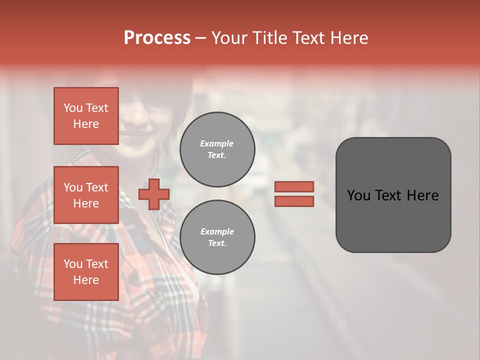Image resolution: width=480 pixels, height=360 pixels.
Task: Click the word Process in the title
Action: [x=157, y=38]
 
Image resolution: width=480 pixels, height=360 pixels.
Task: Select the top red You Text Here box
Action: [x=86, y=116]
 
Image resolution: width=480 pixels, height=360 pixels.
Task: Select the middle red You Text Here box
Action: [x=86, y=195]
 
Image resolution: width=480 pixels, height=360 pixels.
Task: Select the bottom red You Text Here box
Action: [x=86, y=272]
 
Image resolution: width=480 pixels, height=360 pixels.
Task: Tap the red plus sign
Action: [x=154, y=194]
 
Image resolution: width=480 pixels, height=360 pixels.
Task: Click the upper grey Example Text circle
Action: [x=217, y=149]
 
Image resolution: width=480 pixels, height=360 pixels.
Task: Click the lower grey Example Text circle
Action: [x=217, y=237]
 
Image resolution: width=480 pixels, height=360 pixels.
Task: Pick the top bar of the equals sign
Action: [x=294, y=186]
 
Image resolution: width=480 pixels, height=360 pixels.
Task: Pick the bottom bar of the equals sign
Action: [x=294, y=201]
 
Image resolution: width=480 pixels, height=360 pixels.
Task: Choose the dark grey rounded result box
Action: [x=393, y=195]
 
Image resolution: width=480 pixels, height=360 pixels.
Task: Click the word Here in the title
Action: [x=349, y=38]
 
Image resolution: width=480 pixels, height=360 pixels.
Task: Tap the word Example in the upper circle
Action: [x=217, y=144]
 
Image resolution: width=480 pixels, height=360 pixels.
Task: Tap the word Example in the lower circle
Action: [x=217, y=232]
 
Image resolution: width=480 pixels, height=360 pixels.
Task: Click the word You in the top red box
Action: [x=73, y=108]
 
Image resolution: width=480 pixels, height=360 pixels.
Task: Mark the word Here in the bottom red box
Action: [x=86, y=280]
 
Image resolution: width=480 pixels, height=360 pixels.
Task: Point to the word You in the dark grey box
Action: [x=358, y=195]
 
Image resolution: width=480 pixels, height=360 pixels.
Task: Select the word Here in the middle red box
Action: [x=86, y=203]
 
